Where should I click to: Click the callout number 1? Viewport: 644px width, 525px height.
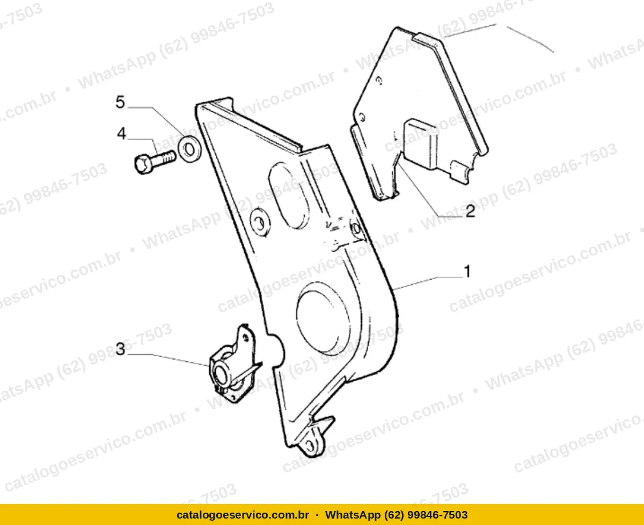[467, 271]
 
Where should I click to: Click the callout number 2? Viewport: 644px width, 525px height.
[471, 211]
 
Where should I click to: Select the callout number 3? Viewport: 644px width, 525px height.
[120, 349]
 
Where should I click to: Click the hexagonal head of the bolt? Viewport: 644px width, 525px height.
[143, 164]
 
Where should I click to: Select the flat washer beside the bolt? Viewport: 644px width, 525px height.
[189, 149]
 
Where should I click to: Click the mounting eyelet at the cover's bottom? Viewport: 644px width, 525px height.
[312, 446]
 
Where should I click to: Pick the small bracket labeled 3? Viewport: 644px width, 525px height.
[235, 364]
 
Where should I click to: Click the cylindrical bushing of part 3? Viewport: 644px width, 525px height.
[223, 374]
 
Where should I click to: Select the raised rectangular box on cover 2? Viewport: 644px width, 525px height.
[421, 144]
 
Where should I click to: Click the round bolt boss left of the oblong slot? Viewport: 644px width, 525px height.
[260, 222]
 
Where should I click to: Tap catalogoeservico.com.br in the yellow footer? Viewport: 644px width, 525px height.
[243, 515]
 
